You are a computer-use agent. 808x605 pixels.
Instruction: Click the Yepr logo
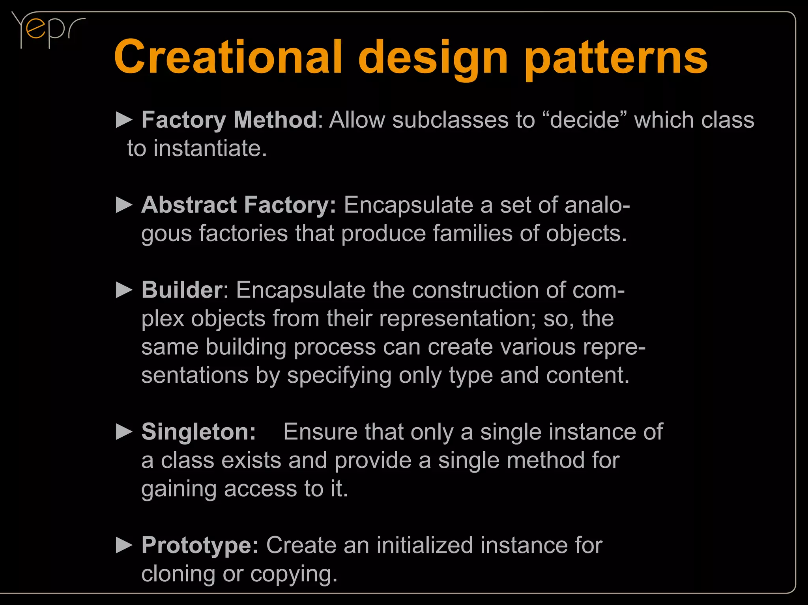coord(47,30)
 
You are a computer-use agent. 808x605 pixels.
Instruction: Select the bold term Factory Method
coord(229,119)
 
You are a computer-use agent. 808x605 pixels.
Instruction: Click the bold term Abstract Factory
coord(238,205)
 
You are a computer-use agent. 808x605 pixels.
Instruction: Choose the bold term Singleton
coord(198,432)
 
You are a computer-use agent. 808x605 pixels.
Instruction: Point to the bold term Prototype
coord(200,545)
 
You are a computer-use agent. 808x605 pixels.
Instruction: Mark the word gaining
coord(179,490)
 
